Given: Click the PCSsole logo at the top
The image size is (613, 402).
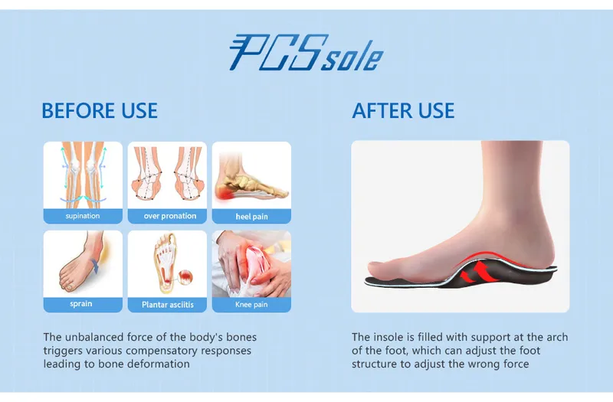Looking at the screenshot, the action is (306, 53).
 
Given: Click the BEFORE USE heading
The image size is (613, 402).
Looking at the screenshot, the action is (100, 110).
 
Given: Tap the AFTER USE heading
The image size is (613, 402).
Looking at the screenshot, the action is (403, 110).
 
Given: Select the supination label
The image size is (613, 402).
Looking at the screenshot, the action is (83, 216).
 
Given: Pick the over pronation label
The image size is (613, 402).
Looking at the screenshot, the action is (170, 216).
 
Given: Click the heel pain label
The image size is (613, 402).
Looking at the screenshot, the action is (252, 217).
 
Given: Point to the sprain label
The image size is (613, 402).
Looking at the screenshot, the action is (81, 304).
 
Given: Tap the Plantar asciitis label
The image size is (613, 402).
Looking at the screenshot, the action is (168, 305).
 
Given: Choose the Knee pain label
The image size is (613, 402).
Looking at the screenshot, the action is (251, 304).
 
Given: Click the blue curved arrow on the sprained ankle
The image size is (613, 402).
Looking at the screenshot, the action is (95, 266).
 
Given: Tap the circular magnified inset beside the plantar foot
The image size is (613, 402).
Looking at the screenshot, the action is (185, 277).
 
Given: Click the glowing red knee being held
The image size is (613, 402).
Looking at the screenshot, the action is (256, 260).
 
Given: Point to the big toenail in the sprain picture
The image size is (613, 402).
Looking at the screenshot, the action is (69, 289).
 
